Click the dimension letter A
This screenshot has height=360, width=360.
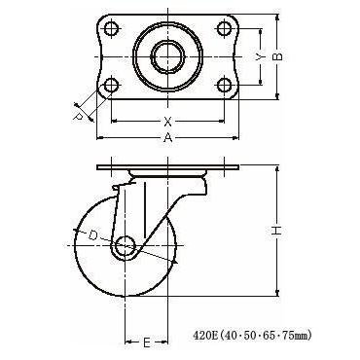pyautogui.click(x=167, y=138)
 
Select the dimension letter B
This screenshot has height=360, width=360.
pyautogui.click(x=277, y=56)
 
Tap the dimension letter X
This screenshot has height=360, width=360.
pyautogui.click(x=167, y=122)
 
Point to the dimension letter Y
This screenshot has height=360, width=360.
pyautogui.click(x=259, y=57)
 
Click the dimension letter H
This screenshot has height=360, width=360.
pyautogui.click(x=276, y=231)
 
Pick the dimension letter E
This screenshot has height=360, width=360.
pyautogui.click(x=147, y=342)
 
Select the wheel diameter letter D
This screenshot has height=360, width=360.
pyautogui.click(x=93, y=235)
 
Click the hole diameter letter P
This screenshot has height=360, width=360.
pyautogui.click(x=78, y=117)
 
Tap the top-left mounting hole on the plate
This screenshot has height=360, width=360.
pyautogui.click(x=112, y=29)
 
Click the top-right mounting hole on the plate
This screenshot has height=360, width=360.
pyautogui.click(x=224, y=29)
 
